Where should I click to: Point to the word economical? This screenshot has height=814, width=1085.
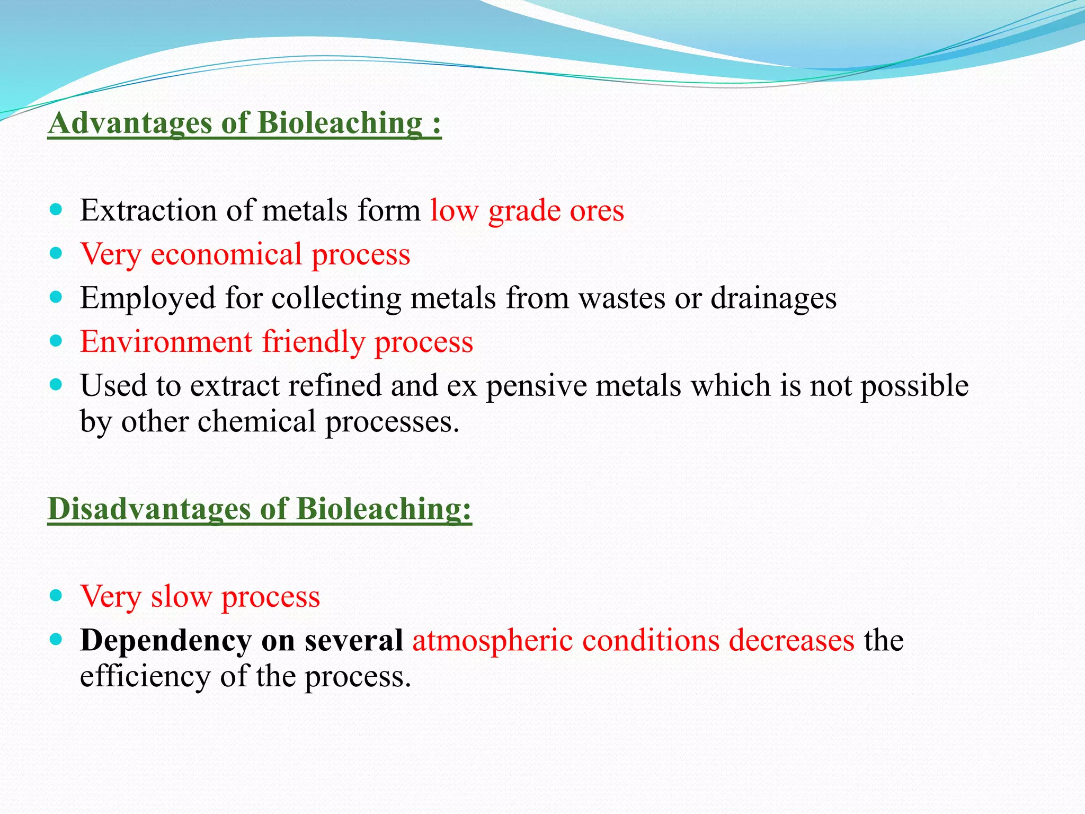coord(226,254)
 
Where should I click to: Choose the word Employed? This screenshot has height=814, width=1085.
coord(148,298)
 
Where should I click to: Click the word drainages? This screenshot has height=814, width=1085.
coord(773,298)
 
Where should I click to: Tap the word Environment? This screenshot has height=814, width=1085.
coord(166,341)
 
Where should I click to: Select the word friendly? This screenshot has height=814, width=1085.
coord(314,341)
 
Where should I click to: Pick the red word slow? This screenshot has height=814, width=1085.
coord(181,597)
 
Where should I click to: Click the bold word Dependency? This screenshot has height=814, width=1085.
coord(165,641)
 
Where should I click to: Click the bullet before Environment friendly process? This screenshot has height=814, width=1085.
coord(56,340)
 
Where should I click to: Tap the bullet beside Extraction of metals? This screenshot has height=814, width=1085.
coord(56,209)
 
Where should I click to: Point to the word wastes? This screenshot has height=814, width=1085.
coord(621,298)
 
